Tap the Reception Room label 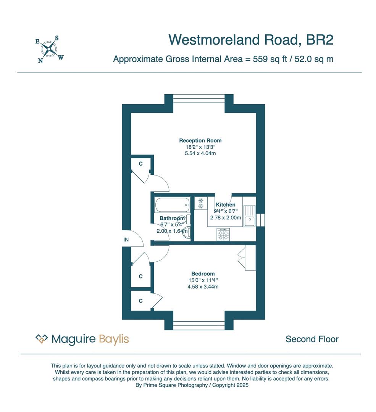pyautogui.click(x=200, y=140)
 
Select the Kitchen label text pyautogui.click(x=226, y=205)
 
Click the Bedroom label pyautogui.click(x=203, y=274)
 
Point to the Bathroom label pyautogui.click(x=172, y=219)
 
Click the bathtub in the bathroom pyautogui.click(x=172, y=205)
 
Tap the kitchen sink pyautogui.click(x=250, y=216)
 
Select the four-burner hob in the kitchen pyautogui.click(x=223, y=235)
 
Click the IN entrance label pyautogui.click(x=126, y=240)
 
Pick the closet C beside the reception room pyautogui.click(x=140, y=164)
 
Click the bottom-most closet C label pyautogui.click(x=140, y=301)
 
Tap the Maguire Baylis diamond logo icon pyautogui.click(x=42, y=339)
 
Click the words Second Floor pyautogui.click(x=312, y=339)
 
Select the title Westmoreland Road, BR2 pyautogui.click(x=251, y=40)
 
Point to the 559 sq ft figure pyautogui.click(x=270, y=59)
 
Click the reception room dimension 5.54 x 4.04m pyautogui.click(x=200, y=153)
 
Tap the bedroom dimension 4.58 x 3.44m pyautogui.click(x=203, y=286)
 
